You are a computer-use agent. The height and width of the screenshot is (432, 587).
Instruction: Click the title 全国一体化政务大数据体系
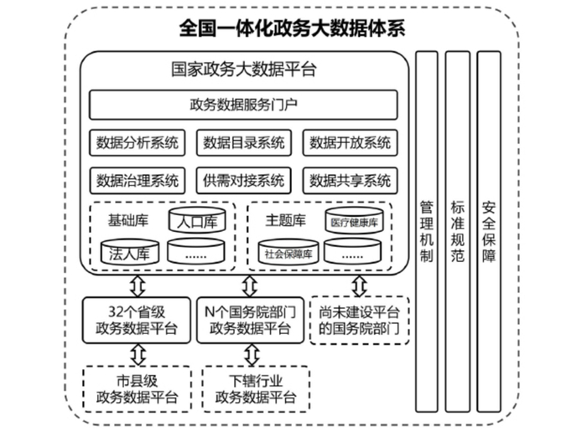click(293, 27)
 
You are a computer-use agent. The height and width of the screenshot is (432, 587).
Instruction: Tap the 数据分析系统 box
click(138, 142)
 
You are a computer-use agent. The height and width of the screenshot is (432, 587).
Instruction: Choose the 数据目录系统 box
click(244, 142)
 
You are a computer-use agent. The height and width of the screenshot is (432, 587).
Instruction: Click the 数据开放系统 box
click(350, 142)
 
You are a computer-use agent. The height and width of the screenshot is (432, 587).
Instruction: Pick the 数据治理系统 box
click(138, 180)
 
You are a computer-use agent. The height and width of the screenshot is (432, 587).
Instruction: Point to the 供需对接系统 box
click(244, 180)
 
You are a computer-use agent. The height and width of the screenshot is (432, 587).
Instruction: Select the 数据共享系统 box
click(350, 180)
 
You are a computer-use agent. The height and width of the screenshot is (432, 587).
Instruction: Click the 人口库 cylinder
click(197, 221)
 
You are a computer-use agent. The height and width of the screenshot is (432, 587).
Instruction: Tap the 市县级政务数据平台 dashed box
click(137, 388)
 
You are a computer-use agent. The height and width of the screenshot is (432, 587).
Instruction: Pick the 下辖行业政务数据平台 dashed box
click(249, 388)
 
